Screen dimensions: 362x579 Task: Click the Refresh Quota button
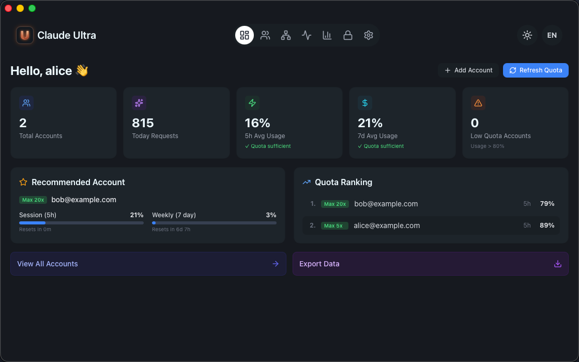536,70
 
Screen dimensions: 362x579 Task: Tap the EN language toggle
552,35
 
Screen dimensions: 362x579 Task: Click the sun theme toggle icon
527,35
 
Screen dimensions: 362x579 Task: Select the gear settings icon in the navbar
369,35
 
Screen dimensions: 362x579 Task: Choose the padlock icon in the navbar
348,35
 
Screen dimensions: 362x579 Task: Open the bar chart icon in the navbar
327,35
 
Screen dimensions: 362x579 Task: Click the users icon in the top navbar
265,35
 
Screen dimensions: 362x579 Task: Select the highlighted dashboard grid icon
245,35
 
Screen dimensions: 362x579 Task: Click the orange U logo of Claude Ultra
25,35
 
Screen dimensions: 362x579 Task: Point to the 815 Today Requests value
143,123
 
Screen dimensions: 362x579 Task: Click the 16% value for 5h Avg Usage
257,123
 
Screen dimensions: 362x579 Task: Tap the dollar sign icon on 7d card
364,103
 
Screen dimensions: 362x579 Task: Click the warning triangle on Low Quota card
478,103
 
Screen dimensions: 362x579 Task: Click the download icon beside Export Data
557,264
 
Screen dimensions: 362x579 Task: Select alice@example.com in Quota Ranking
387,225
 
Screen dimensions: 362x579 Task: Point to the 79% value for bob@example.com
547,204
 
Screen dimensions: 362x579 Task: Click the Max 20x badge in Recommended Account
33,200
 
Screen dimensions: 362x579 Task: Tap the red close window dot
8,8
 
